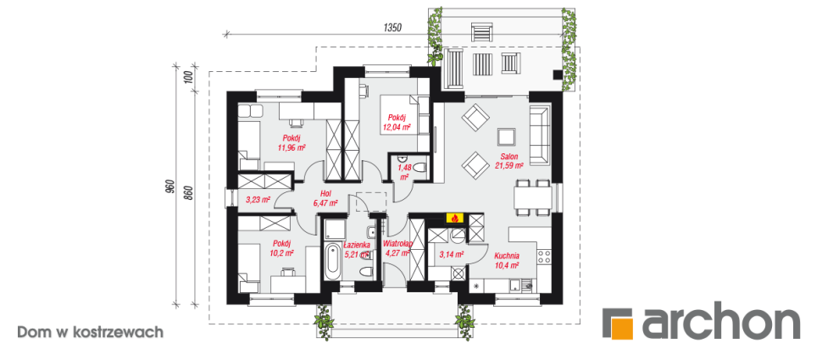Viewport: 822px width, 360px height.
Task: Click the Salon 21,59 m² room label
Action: tap(509, 161)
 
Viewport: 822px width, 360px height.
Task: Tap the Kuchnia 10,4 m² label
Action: tap(507, 260)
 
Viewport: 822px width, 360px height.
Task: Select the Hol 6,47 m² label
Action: tap(326, 197)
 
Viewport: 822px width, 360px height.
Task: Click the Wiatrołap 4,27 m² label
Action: tap(397, 248)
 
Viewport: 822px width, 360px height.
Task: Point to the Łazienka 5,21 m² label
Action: tap(357, 249)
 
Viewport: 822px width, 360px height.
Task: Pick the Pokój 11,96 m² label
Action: tap(292, 143)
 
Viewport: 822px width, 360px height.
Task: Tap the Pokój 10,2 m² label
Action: tap(282, 248)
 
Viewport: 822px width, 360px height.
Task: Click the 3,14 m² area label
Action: tap(452, 255)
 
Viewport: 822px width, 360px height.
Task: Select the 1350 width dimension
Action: tap(392, 28)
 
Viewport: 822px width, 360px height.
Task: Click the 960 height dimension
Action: tap(169, 187)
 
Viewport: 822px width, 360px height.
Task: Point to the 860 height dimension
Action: tap(190, 195)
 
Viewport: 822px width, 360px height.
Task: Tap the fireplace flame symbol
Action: tap(454, 218)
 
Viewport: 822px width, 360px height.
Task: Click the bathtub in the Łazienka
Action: tap(332, 261)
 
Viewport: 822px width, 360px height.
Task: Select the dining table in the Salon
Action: tap(533, 198)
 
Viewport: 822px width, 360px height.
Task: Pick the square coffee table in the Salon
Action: tap(507, 136)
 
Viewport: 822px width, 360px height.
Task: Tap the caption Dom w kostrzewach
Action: tap(90, 332)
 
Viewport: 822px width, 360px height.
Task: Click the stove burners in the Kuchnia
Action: tap(543, 257)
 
